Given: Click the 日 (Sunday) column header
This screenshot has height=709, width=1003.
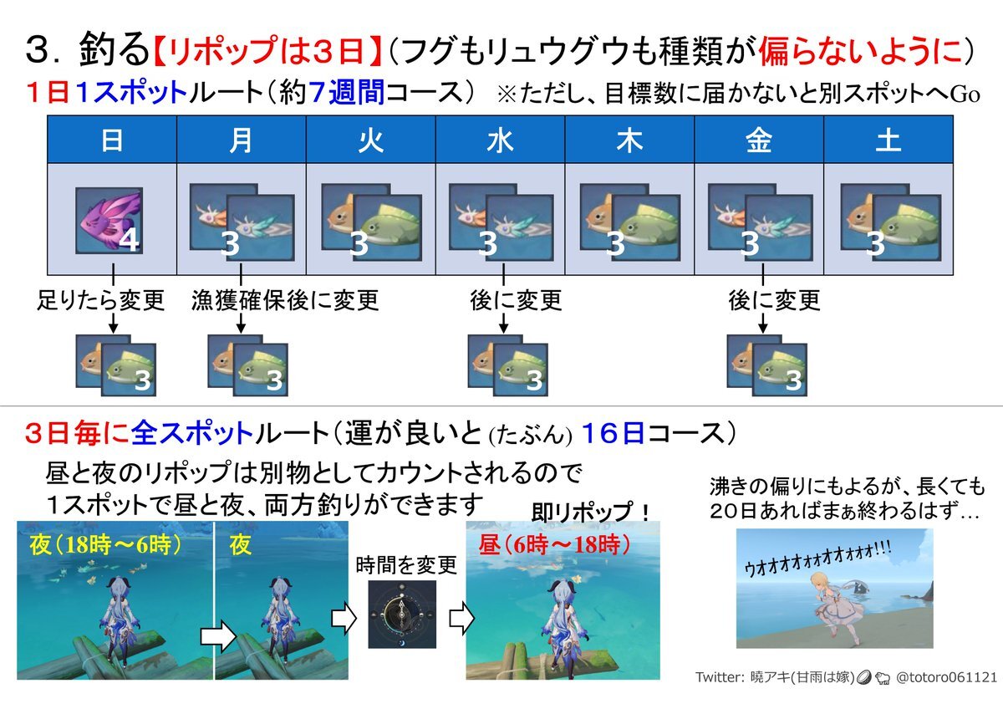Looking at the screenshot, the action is (112, 140).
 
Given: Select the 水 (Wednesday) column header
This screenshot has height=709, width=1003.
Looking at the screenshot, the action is (500, 140).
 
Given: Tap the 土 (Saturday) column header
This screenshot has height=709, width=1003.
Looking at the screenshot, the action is (888, 140).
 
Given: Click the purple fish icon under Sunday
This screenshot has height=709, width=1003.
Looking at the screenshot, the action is (109, 221).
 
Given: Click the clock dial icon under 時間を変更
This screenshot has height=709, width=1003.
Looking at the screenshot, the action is (402, 615).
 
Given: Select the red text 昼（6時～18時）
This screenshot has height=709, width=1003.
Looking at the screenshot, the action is (554, 545).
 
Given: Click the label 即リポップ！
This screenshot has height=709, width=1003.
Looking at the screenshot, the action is (591, 512).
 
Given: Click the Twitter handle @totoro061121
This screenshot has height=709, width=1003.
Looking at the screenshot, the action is (946, 676).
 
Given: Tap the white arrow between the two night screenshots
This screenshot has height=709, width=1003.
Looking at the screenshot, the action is (218, 636).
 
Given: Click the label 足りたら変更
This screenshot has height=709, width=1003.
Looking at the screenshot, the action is (101, 300).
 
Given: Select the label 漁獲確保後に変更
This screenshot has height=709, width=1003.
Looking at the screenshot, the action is (285, 300).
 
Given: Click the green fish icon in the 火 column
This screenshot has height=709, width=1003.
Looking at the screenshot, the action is (388, 227).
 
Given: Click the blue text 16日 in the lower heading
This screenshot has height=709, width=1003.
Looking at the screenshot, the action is (613, 433).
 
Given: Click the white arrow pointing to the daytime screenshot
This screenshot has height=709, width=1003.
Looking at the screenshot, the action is (461, 618).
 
